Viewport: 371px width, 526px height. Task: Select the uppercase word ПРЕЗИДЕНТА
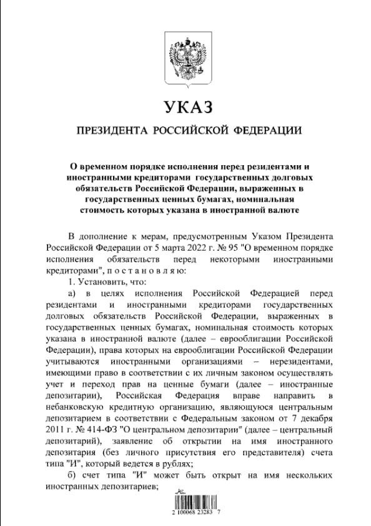pos(111,131)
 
